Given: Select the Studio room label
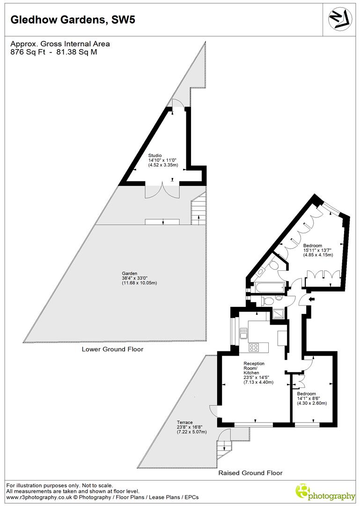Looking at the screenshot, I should point(155,155).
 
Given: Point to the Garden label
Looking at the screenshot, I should point(130,273).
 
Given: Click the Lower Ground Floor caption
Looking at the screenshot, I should point(112,350).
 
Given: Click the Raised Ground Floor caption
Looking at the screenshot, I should point(250,473).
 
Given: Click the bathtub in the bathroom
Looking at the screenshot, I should point(266,287).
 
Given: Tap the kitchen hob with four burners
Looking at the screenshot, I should point(254,348).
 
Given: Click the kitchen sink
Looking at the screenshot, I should point(243,333).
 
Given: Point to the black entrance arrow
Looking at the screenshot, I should point(312,298).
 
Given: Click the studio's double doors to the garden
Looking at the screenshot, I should point(162,191).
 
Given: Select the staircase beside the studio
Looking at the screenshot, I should point(198,210).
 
